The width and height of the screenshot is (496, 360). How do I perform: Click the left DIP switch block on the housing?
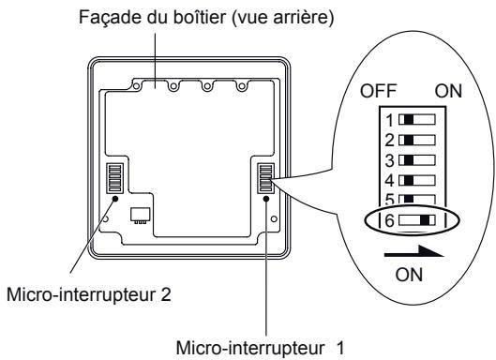tap(116, 177)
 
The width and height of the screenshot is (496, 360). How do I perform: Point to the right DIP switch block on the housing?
tap(265, 177)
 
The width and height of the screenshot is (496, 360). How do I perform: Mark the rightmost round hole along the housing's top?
tap(242, 88)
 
